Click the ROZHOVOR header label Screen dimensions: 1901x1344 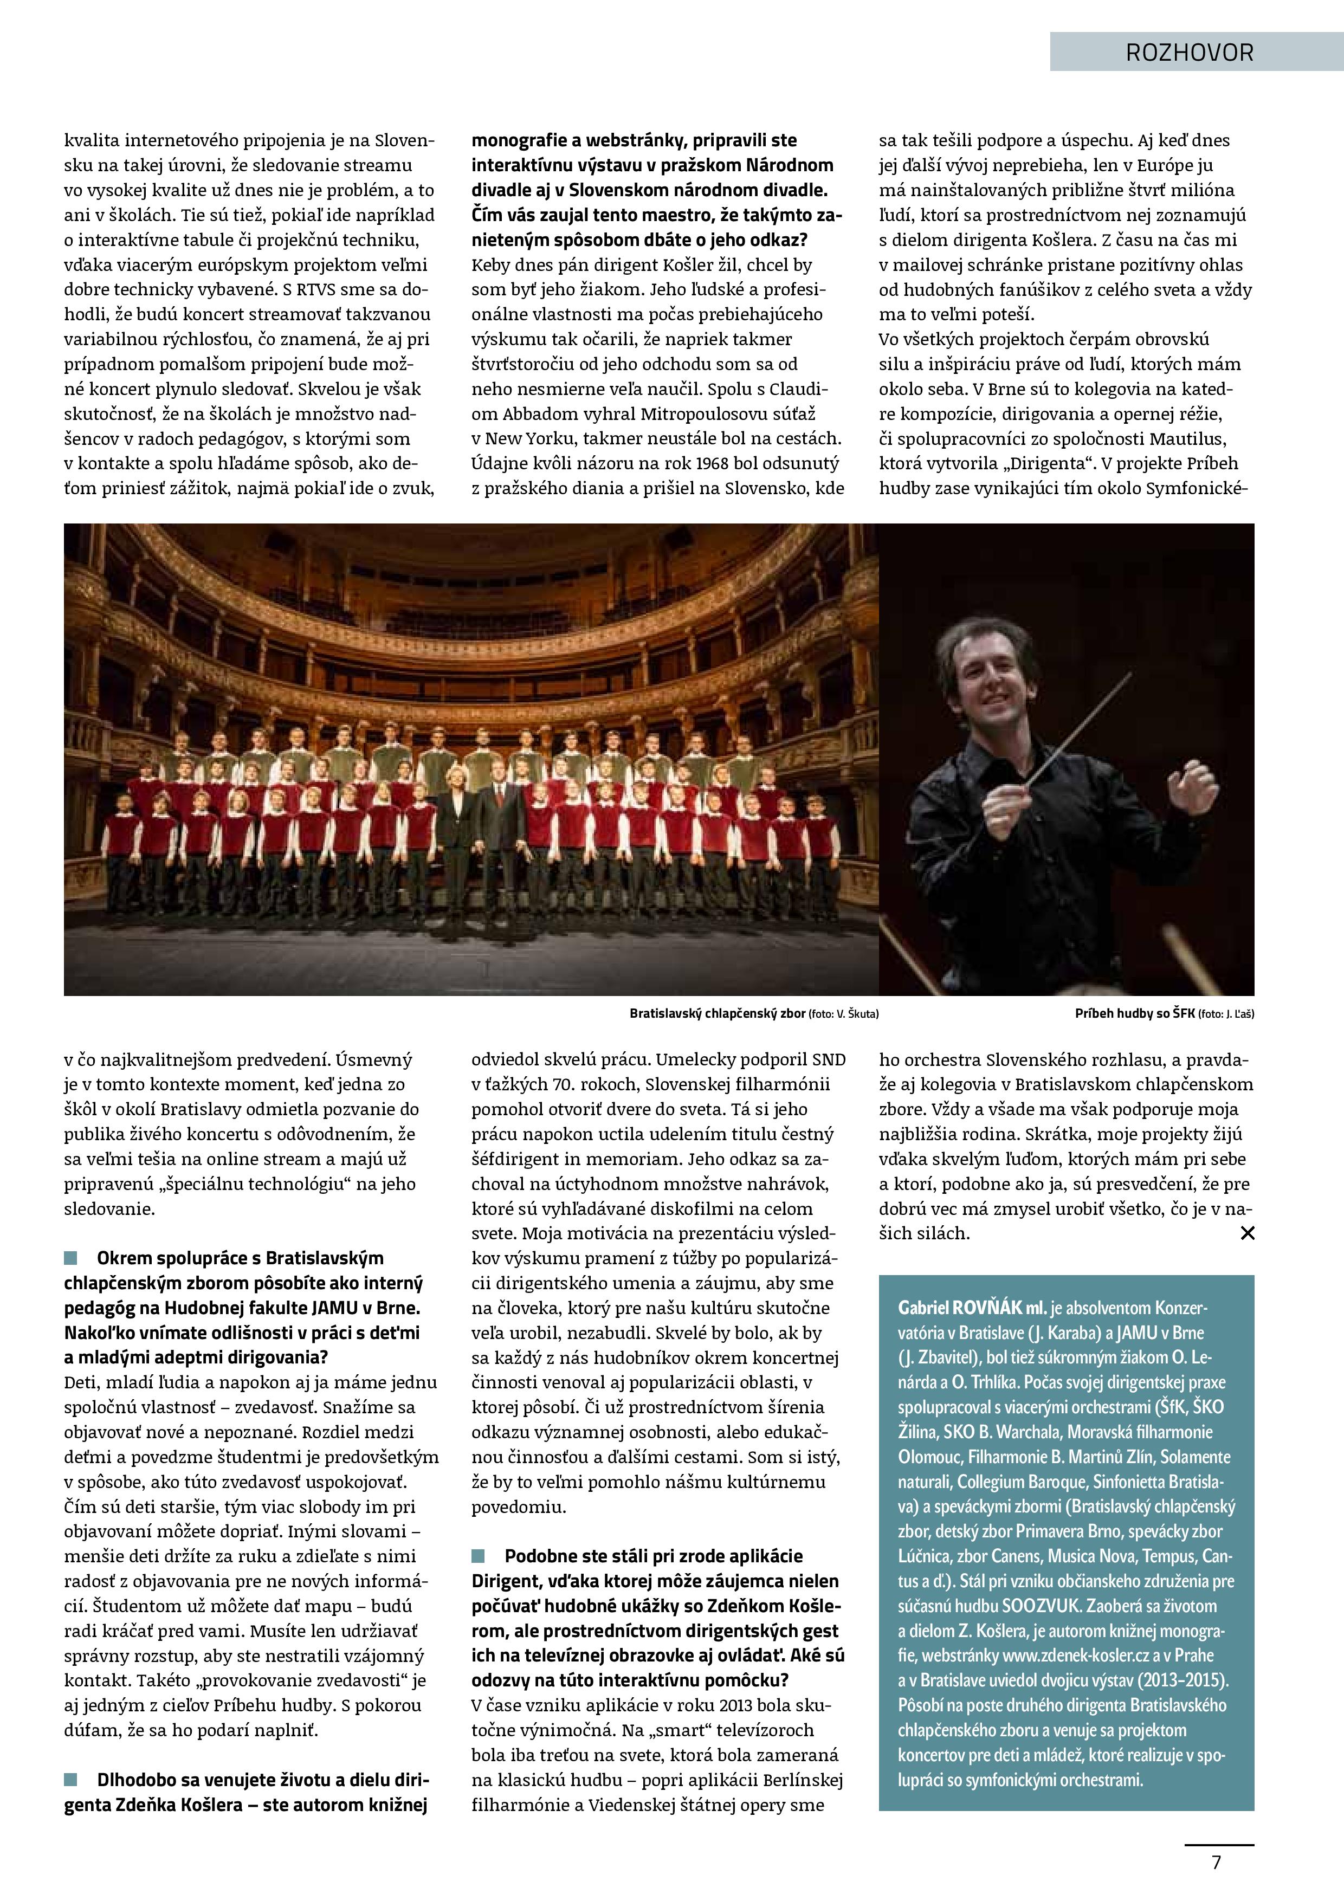coord(1189,53)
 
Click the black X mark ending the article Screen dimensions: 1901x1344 coord(1247,1233)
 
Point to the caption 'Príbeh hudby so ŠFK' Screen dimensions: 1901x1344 coord(1134,1013)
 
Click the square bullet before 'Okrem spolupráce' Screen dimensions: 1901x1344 coord(70,1258)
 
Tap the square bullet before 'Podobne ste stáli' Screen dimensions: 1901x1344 coord(479,1556)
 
